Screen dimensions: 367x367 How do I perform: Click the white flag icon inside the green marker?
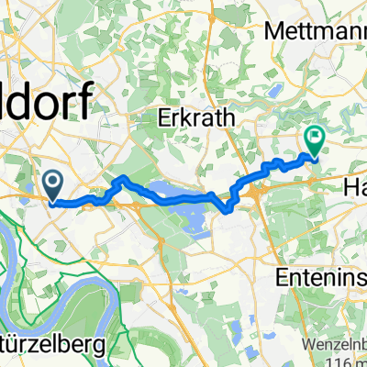tap(315, 139)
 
